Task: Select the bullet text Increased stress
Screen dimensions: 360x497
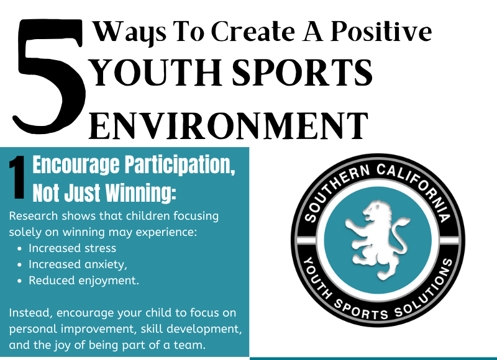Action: [x=72, y=248]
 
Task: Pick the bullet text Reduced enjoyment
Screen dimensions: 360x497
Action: [x=83, y=281]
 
